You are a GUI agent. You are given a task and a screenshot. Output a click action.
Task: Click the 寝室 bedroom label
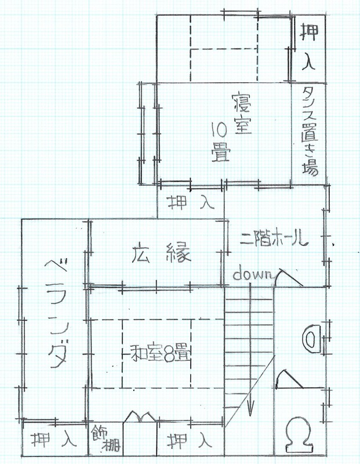(242, 113)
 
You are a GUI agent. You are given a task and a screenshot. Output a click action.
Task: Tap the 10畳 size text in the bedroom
(221, 142)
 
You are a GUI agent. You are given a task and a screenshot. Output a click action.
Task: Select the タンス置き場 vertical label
(310, 132)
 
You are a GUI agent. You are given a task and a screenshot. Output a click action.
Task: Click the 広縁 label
(162, 253)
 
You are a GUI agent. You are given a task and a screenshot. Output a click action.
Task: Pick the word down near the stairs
(252, 274)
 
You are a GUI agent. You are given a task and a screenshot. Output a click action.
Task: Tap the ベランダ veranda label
(58, 314)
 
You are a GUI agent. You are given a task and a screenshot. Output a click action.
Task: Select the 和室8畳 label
(160, 354)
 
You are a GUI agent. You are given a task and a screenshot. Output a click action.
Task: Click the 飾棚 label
(106, 438)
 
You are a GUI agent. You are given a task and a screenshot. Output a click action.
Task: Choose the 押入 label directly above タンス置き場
(309, 48)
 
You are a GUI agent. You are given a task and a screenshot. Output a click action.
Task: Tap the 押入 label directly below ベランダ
(54, 440)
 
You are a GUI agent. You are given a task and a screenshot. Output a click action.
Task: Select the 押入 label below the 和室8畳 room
(190, 440)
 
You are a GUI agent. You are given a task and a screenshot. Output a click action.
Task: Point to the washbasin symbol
(311, 339)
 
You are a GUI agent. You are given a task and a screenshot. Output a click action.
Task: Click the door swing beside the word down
(289, 278)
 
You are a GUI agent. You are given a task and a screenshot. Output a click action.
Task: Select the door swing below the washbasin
(289, 379)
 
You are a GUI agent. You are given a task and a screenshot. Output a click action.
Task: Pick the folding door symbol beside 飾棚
(140, 416)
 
